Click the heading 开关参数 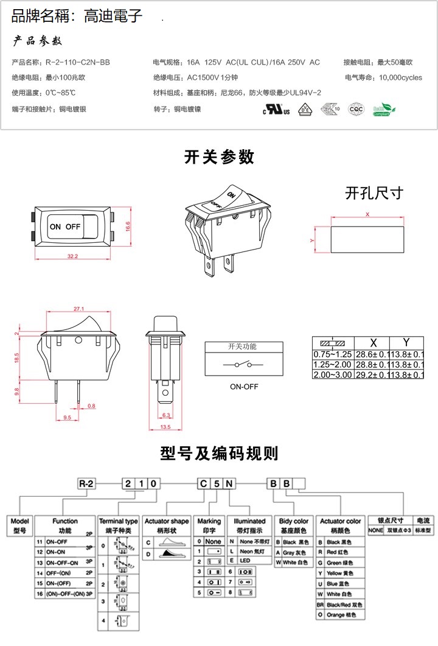point(219,157)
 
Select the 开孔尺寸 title point(374,193)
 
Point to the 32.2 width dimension point(72,256)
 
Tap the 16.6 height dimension point(128,225)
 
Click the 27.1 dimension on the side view point(78,309)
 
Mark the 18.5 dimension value point(17,359)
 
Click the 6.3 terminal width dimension point(167,416)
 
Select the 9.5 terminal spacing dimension point(67,418)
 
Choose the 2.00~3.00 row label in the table point(333,374)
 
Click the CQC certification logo point(355,110)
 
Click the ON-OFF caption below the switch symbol point(244,387)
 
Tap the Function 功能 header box point(65,525)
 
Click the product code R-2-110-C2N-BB point(78,62)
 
